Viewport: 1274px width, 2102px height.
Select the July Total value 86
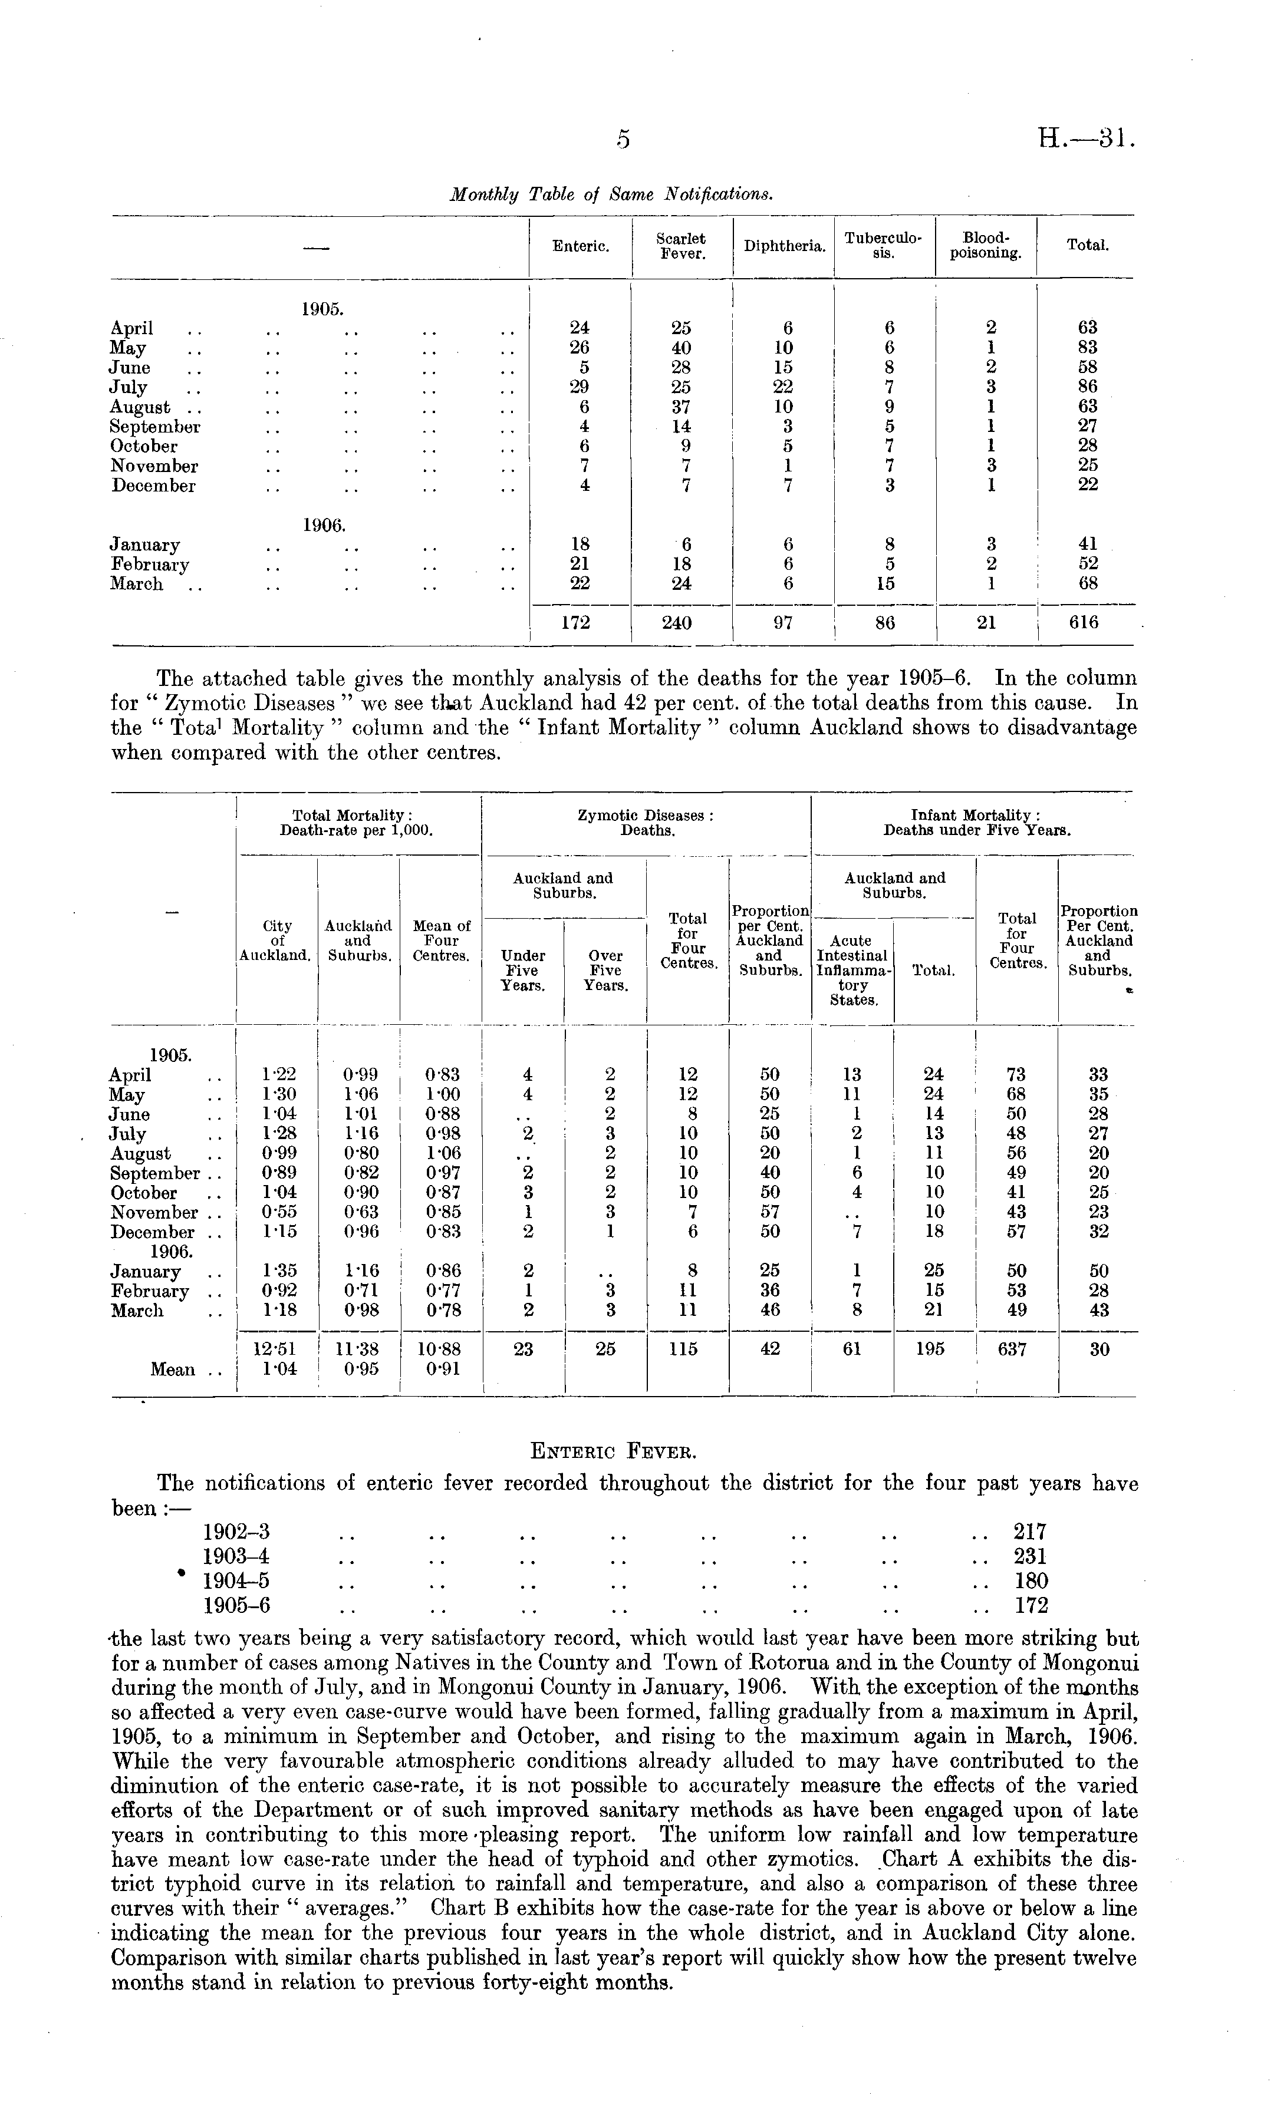coord(1087,387)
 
